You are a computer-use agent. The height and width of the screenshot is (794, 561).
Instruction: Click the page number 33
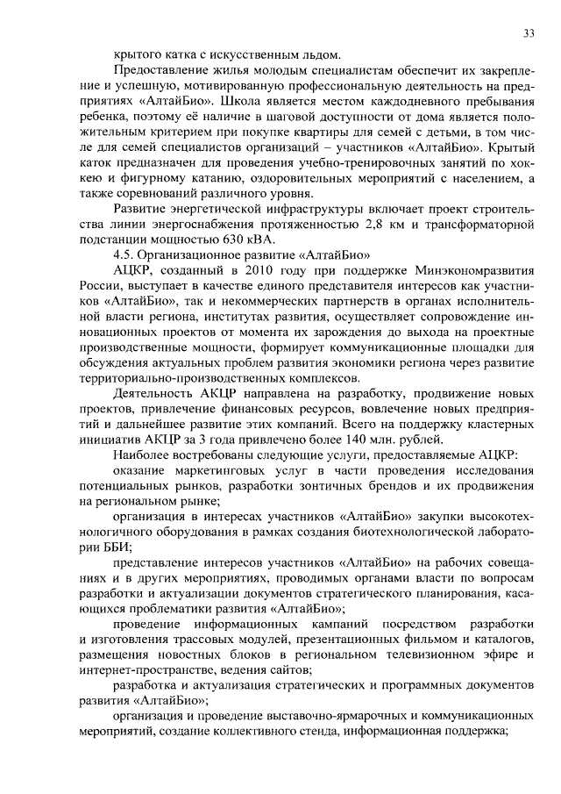[x=529, y=33]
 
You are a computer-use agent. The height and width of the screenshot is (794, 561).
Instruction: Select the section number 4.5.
[x=127, y=254]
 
